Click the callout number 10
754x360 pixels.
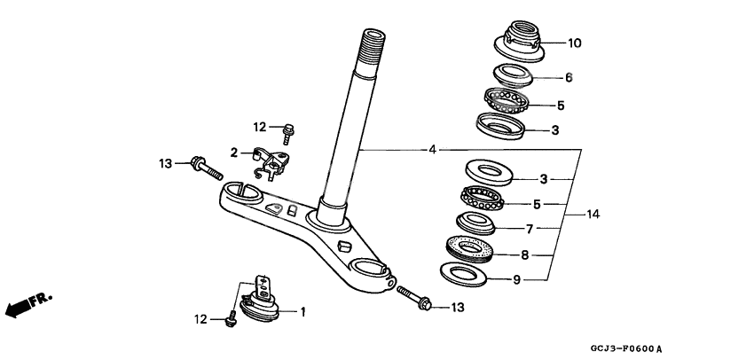tap(574, 43)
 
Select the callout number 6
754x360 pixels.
tap(569, 78)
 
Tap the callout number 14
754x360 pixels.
tap(593, 215)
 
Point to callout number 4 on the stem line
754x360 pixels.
tap(432, 150)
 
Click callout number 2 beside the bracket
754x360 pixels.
tap(234, 153)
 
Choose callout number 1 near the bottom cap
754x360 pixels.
tap(302, 311)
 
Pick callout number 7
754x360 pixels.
tap(529, 229)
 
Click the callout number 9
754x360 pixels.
tap(517, 280)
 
